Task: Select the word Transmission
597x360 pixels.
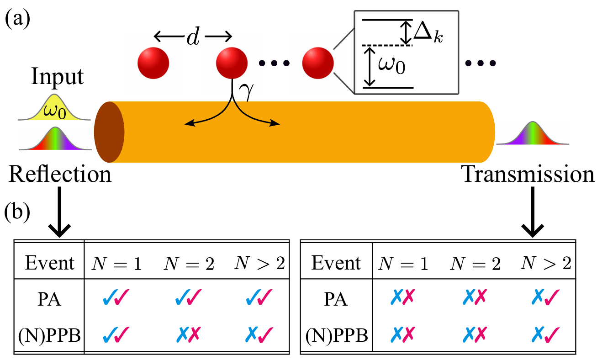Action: click(527, 175)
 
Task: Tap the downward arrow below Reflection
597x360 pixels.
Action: click(59, 212)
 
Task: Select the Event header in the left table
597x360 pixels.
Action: click(49, 264)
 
